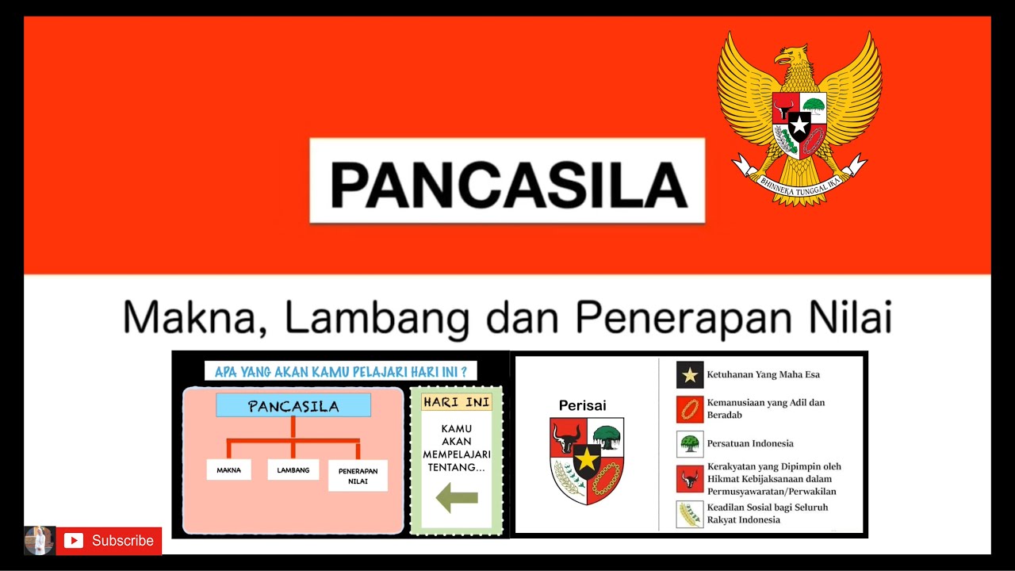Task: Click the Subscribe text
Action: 122,541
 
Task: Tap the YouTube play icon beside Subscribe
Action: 74,541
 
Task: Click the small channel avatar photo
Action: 39,540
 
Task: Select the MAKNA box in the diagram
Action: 228,470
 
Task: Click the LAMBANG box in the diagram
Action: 293,470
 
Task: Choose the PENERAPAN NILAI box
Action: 358,476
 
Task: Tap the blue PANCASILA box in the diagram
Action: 293,406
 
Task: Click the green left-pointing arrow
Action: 457,498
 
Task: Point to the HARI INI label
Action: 456,402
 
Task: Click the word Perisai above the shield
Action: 582,406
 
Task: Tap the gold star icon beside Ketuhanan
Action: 690,375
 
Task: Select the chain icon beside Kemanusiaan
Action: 690,409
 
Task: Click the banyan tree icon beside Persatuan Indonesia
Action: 690,444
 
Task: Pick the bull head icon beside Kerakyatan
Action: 690,479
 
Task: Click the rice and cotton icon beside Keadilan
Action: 690,514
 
